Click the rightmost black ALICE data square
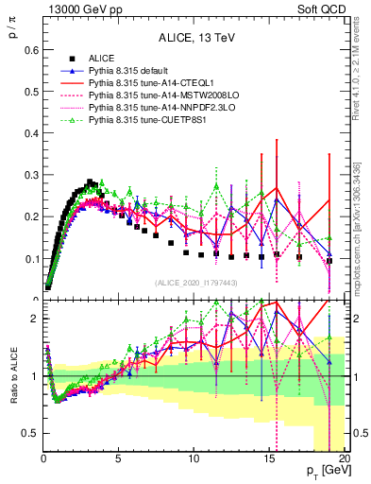[x=329, y=261]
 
